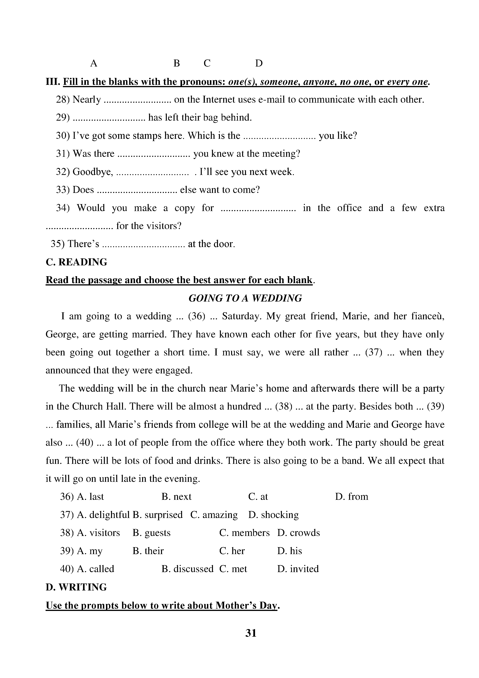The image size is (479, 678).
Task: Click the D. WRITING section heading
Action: pos(76,587)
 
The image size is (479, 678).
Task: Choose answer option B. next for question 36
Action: pos(176,497)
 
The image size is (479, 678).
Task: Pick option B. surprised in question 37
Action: pos(158,515)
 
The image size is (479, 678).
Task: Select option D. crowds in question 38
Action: pos(298,533)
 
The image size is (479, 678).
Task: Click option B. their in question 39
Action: pos(148,551)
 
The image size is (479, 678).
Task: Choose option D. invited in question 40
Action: pos(298,569)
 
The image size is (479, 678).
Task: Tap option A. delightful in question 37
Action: pos(103,515)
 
